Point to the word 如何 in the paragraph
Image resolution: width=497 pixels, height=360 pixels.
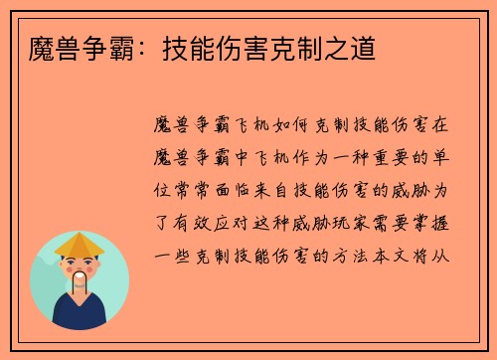[x=292, y=126]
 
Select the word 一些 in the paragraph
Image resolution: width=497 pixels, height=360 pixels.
[x=176, y=254]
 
